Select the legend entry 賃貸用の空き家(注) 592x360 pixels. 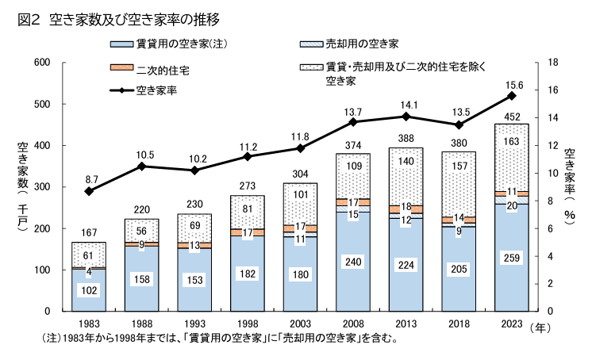[171, 43]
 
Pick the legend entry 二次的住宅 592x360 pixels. [162, 70]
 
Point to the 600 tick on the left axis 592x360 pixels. [42, 63]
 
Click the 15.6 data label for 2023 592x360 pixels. [512, 84]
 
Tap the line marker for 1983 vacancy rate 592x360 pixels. [90, 191]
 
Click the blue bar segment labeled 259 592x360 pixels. [512, 257]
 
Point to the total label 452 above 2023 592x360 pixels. [512, 117]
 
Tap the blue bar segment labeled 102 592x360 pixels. [90, 290]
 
